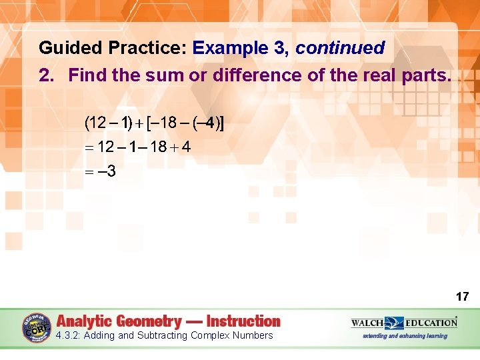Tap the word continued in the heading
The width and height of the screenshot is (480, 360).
(x=340, y=49)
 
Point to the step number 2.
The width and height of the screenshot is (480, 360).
(x=45, y=75)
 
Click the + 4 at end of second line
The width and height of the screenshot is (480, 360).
(x=181, y=147)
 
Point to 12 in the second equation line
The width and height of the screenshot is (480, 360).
(x=106, y=147)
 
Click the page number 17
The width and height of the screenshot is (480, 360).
(x=462, y=296)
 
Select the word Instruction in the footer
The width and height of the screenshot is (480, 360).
(x=243, y=321)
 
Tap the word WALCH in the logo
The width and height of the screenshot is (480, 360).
(x=367, y=323)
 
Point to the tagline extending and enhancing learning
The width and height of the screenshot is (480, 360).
(x=405, y=336)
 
